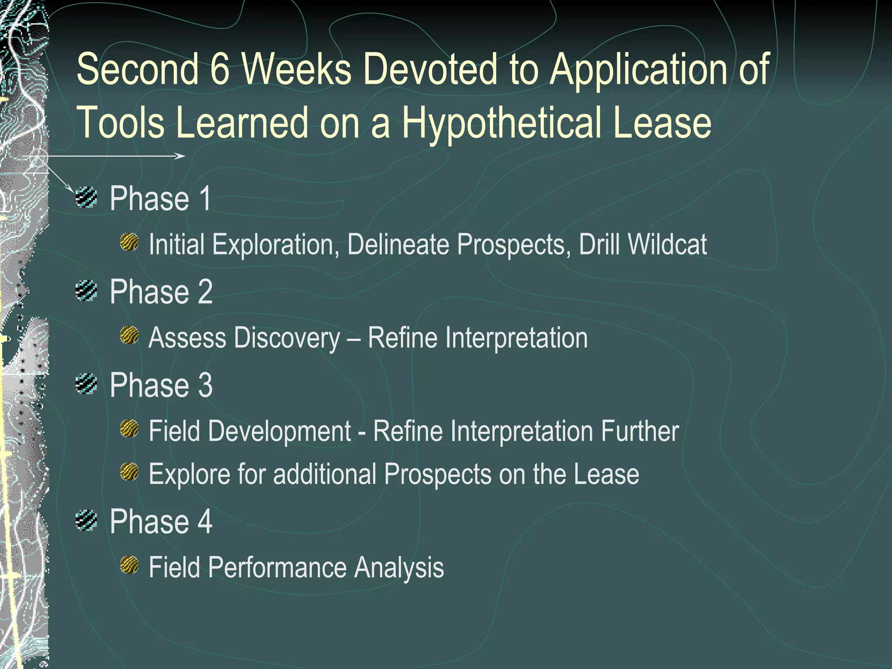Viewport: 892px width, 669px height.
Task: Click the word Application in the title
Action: pos(638,70)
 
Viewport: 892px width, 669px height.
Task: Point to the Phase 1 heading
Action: pos(160,199)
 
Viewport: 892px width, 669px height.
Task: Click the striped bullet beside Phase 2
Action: pos(86,291)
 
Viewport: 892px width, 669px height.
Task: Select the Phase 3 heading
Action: pos(161,385)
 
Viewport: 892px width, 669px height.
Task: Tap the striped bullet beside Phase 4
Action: pos(86,520)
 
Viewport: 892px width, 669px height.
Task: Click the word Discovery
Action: pos(287,338)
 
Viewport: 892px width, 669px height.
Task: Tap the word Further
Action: pos(640,431)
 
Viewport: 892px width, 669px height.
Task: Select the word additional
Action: pos(325,474)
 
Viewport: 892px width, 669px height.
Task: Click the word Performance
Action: pos(277,568)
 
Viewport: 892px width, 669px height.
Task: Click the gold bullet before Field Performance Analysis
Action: pos(129,565)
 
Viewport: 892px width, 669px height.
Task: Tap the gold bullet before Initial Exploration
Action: pos(129,242)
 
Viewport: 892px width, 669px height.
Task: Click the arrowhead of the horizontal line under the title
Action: pos(181,156)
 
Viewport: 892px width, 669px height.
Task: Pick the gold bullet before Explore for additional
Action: pos(129,472)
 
